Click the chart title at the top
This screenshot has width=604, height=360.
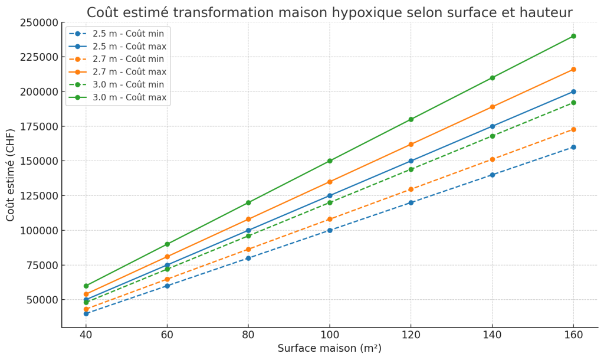pos(329,12)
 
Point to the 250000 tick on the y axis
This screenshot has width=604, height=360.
pos(40,22)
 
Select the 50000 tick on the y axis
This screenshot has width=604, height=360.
pos(42,300)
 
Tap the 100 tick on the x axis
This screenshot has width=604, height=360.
pos(329,335)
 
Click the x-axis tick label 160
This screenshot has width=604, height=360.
pos(573,335)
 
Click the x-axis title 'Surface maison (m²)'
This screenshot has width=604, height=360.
pos(329,349)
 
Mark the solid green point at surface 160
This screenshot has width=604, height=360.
pos(573,36)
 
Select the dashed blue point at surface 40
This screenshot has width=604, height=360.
pos(86,313)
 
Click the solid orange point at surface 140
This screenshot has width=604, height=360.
pos(492,107)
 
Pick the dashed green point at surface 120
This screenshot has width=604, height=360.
pos(411,169)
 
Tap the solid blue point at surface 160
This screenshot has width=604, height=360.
pos(573,91)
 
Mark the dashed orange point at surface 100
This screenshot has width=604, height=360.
pos(330,219)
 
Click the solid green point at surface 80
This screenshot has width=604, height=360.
pos(248,202)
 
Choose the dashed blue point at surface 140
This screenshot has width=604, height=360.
pos(492,175)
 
